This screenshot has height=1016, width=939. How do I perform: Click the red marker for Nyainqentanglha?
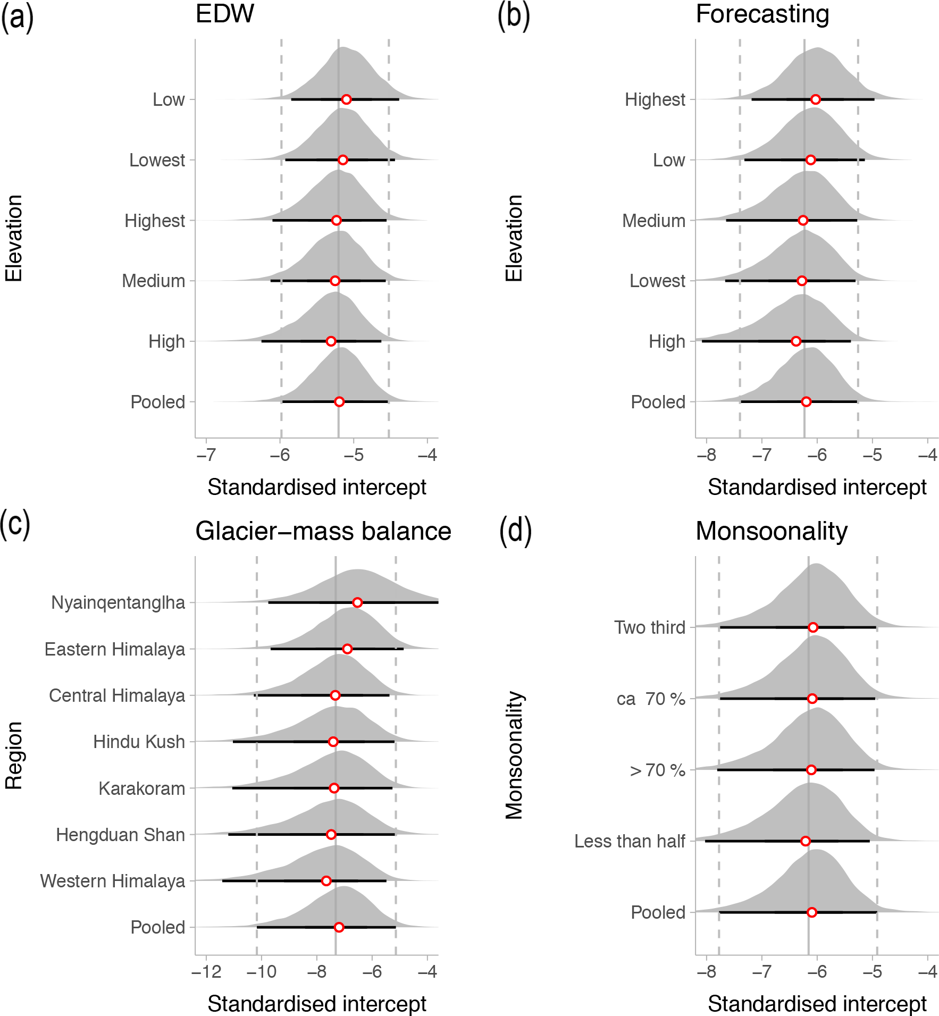coord(357,602)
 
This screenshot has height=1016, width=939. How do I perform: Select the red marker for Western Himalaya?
coord(326,881)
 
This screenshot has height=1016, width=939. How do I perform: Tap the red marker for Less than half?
coord(806,841)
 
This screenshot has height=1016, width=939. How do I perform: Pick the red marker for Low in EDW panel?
coord(346,99)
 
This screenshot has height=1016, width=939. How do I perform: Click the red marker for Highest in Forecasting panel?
coord(816,99)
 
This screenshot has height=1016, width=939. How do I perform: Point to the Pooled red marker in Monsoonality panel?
coord(812,912)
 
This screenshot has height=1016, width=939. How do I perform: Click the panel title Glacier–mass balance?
coord(323,531)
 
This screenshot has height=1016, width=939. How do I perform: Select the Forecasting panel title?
coord(762,14)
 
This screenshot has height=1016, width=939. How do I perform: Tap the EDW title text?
coord(225,14)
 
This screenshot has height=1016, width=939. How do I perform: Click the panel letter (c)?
coord(15,524)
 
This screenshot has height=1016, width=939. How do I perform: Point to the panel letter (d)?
coord(515,531)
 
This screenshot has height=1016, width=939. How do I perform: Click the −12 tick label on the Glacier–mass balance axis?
coord(206,972)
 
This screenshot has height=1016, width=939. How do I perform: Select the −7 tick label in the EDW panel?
coord(206,455)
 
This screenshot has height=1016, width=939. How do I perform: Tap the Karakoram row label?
coord(142,788)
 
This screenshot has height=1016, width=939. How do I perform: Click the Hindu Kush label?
coord(139,742)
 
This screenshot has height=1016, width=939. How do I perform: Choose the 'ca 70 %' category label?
coord(651,699)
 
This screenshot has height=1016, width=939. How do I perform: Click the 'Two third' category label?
coord(650,628)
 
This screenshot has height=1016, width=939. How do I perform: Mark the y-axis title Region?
coord(14,755)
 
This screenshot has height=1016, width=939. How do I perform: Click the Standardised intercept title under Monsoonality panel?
coord(817,1004)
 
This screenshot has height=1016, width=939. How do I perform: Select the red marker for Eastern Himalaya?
coord(347,649)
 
